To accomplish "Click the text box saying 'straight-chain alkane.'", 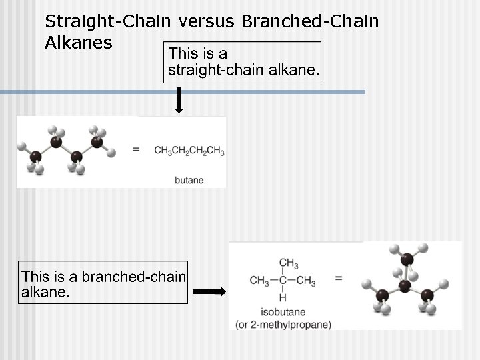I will [243, 61].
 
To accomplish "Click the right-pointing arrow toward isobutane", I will [209, 292].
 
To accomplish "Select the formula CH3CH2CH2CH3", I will [189, 151].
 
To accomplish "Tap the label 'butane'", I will [189, 180].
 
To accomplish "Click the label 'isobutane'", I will [283, 312].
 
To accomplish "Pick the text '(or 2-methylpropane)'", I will [283, 325].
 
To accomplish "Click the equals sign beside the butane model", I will [136, 151].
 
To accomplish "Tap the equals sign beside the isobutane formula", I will [339, 278].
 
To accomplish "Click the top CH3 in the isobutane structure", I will [288, 263].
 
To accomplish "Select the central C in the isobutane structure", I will [282, 281].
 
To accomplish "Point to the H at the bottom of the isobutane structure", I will [282, 297].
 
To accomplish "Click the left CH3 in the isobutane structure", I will [259, 281].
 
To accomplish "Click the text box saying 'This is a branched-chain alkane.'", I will [103, 283].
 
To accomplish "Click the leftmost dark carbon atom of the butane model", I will [35, 156].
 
